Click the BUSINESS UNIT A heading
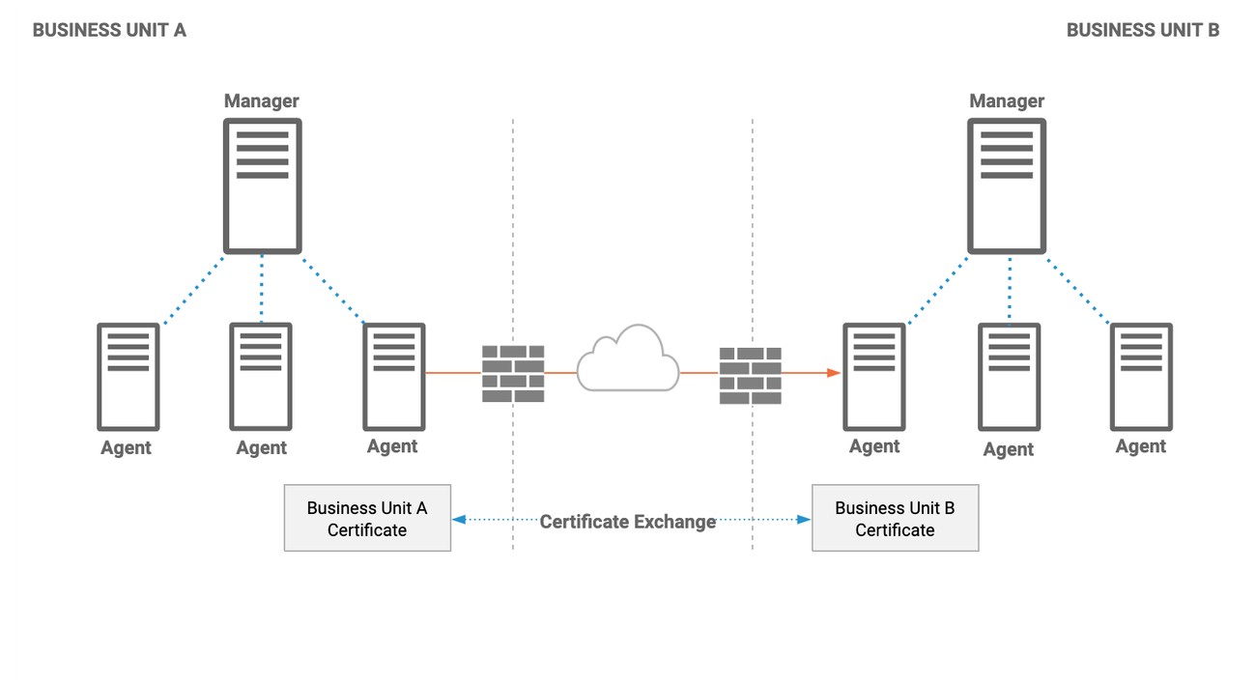109,30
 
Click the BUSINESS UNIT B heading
1143,30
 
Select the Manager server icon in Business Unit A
263,186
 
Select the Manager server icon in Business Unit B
1007,186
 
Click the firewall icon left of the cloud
513,374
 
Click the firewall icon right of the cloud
751,375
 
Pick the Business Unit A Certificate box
367,518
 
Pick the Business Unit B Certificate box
896,518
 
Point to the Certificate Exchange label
627,522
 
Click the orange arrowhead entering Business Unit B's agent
834,372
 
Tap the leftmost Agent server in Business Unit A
128,377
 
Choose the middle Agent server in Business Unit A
261,377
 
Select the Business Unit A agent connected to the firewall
394,377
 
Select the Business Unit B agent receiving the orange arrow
874,377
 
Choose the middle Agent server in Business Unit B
1010,377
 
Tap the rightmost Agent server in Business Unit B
1142,377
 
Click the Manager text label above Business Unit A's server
261,100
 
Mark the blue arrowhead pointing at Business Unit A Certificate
459,520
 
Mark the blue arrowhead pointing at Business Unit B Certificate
804,520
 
